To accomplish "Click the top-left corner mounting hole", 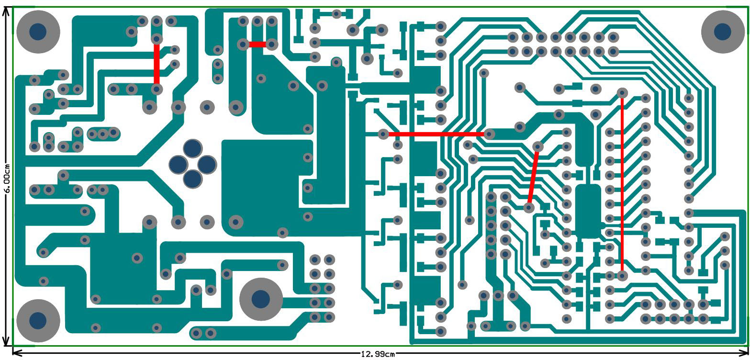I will pos(38,32).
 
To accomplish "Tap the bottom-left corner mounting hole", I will pos(38,320).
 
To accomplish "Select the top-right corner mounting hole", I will pos(722,32).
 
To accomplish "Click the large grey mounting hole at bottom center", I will pos(260,299).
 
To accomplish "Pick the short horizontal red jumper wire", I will pos(257,44).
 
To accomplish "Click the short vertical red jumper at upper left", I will pos(157,64).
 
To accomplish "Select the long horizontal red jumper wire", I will pos(436,135).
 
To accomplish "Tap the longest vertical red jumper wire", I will pos(622,184).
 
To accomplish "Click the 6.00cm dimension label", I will pos(6,177).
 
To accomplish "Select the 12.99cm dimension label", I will pos(378,354).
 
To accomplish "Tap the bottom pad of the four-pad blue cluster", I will pos(193,179).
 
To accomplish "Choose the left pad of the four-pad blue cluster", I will pos(178,164).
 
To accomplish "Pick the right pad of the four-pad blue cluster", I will pos(208,164).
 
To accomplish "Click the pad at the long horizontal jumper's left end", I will pos(383,135).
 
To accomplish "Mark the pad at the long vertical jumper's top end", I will pos(622,92).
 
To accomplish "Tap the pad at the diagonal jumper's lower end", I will pos(529,208).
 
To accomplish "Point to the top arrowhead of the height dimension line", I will pos(6,11).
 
